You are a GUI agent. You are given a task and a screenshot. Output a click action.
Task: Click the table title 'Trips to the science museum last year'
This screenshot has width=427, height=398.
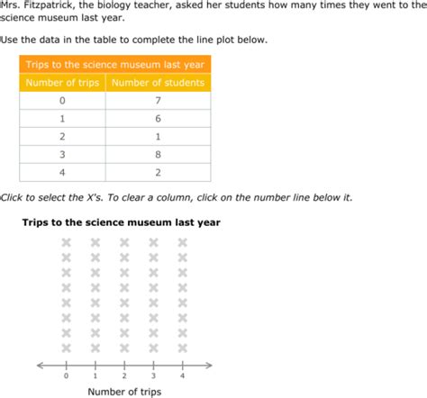(x=114, y=64)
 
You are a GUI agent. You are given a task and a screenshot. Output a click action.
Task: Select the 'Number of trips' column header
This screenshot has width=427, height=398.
(x=63, y=83)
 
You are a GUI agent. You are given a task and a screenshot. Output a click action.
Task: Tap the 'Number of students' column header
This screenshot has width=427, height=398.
(x=159, y=83)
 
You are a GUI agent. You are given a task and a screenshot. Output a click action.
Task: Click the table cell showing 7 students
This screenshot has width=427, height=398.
(x=159, y=102)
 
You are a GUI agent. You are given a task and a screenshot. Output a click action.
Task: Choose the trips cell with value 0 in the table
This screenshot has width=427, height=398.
(x=62, y=102)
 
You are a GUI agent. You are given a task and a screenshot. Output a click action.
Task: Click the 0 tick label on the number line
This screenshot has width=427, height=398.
(x=66, y=375)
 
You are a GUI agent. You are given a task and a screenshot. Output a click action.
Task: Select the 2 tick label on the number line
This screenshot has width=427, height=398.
(x=124, y=375)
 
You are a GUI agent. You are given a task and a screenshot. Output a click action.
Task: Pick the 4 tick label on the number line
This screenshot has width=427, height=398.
(x=183, y=375)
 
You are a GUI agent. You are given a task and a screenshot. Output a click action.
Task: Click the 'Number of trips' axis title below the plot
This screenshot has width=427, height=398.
(x=124, y=392)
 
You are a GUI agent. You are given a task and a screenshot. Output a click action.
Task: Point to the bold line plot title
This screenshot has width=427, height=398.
(x=108, y=222)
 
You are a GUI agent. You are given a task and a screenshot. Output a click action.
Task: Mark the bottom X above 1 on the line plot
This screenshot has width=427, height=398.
(x=95, y=348)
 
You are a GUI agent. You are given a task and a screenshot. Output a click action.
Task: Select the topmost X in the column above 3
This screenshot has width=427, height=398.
(x=153, y=242)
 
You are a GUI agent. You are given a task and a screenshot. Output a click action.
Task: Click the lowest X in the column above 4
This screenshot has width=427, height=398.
(x=183, y=348)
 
